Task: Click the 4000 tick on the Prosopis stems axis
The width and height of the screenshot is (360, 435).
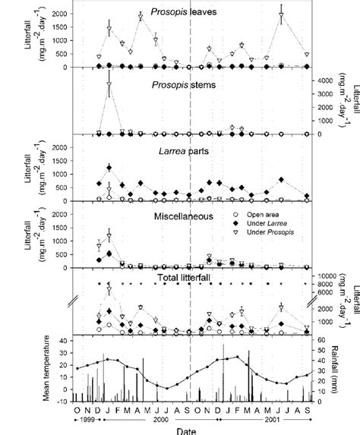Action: (x=326, y=80)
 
